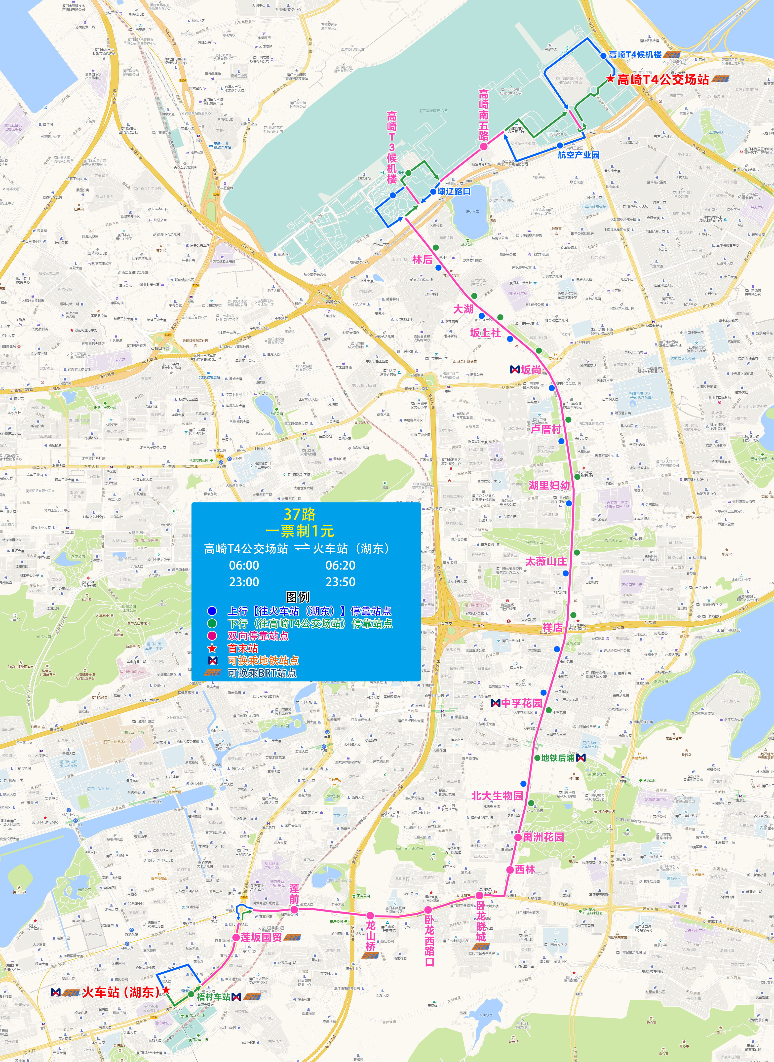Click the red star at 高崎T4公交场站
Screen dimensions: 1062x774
click(610, 79)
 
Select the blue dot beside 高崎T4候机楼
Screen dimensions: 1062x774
click(603, 56)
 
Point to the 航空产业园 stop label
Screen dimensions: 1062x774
click(578, 154)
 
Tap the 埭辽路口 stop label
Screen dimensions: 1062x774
click(454, 191)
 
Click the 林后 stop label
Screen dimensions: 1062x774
click(422, 260)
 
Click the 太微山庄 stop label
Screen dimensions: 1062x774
click(546, 561)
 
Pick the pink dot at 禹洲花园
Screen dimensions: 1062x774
click(518, 837)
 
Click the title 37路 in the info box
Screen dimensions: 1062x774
click(300, 514)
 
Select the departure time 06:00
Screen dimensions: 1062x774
click(244, 566)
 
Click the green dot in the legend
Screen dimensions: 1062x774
click(212, 624)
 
